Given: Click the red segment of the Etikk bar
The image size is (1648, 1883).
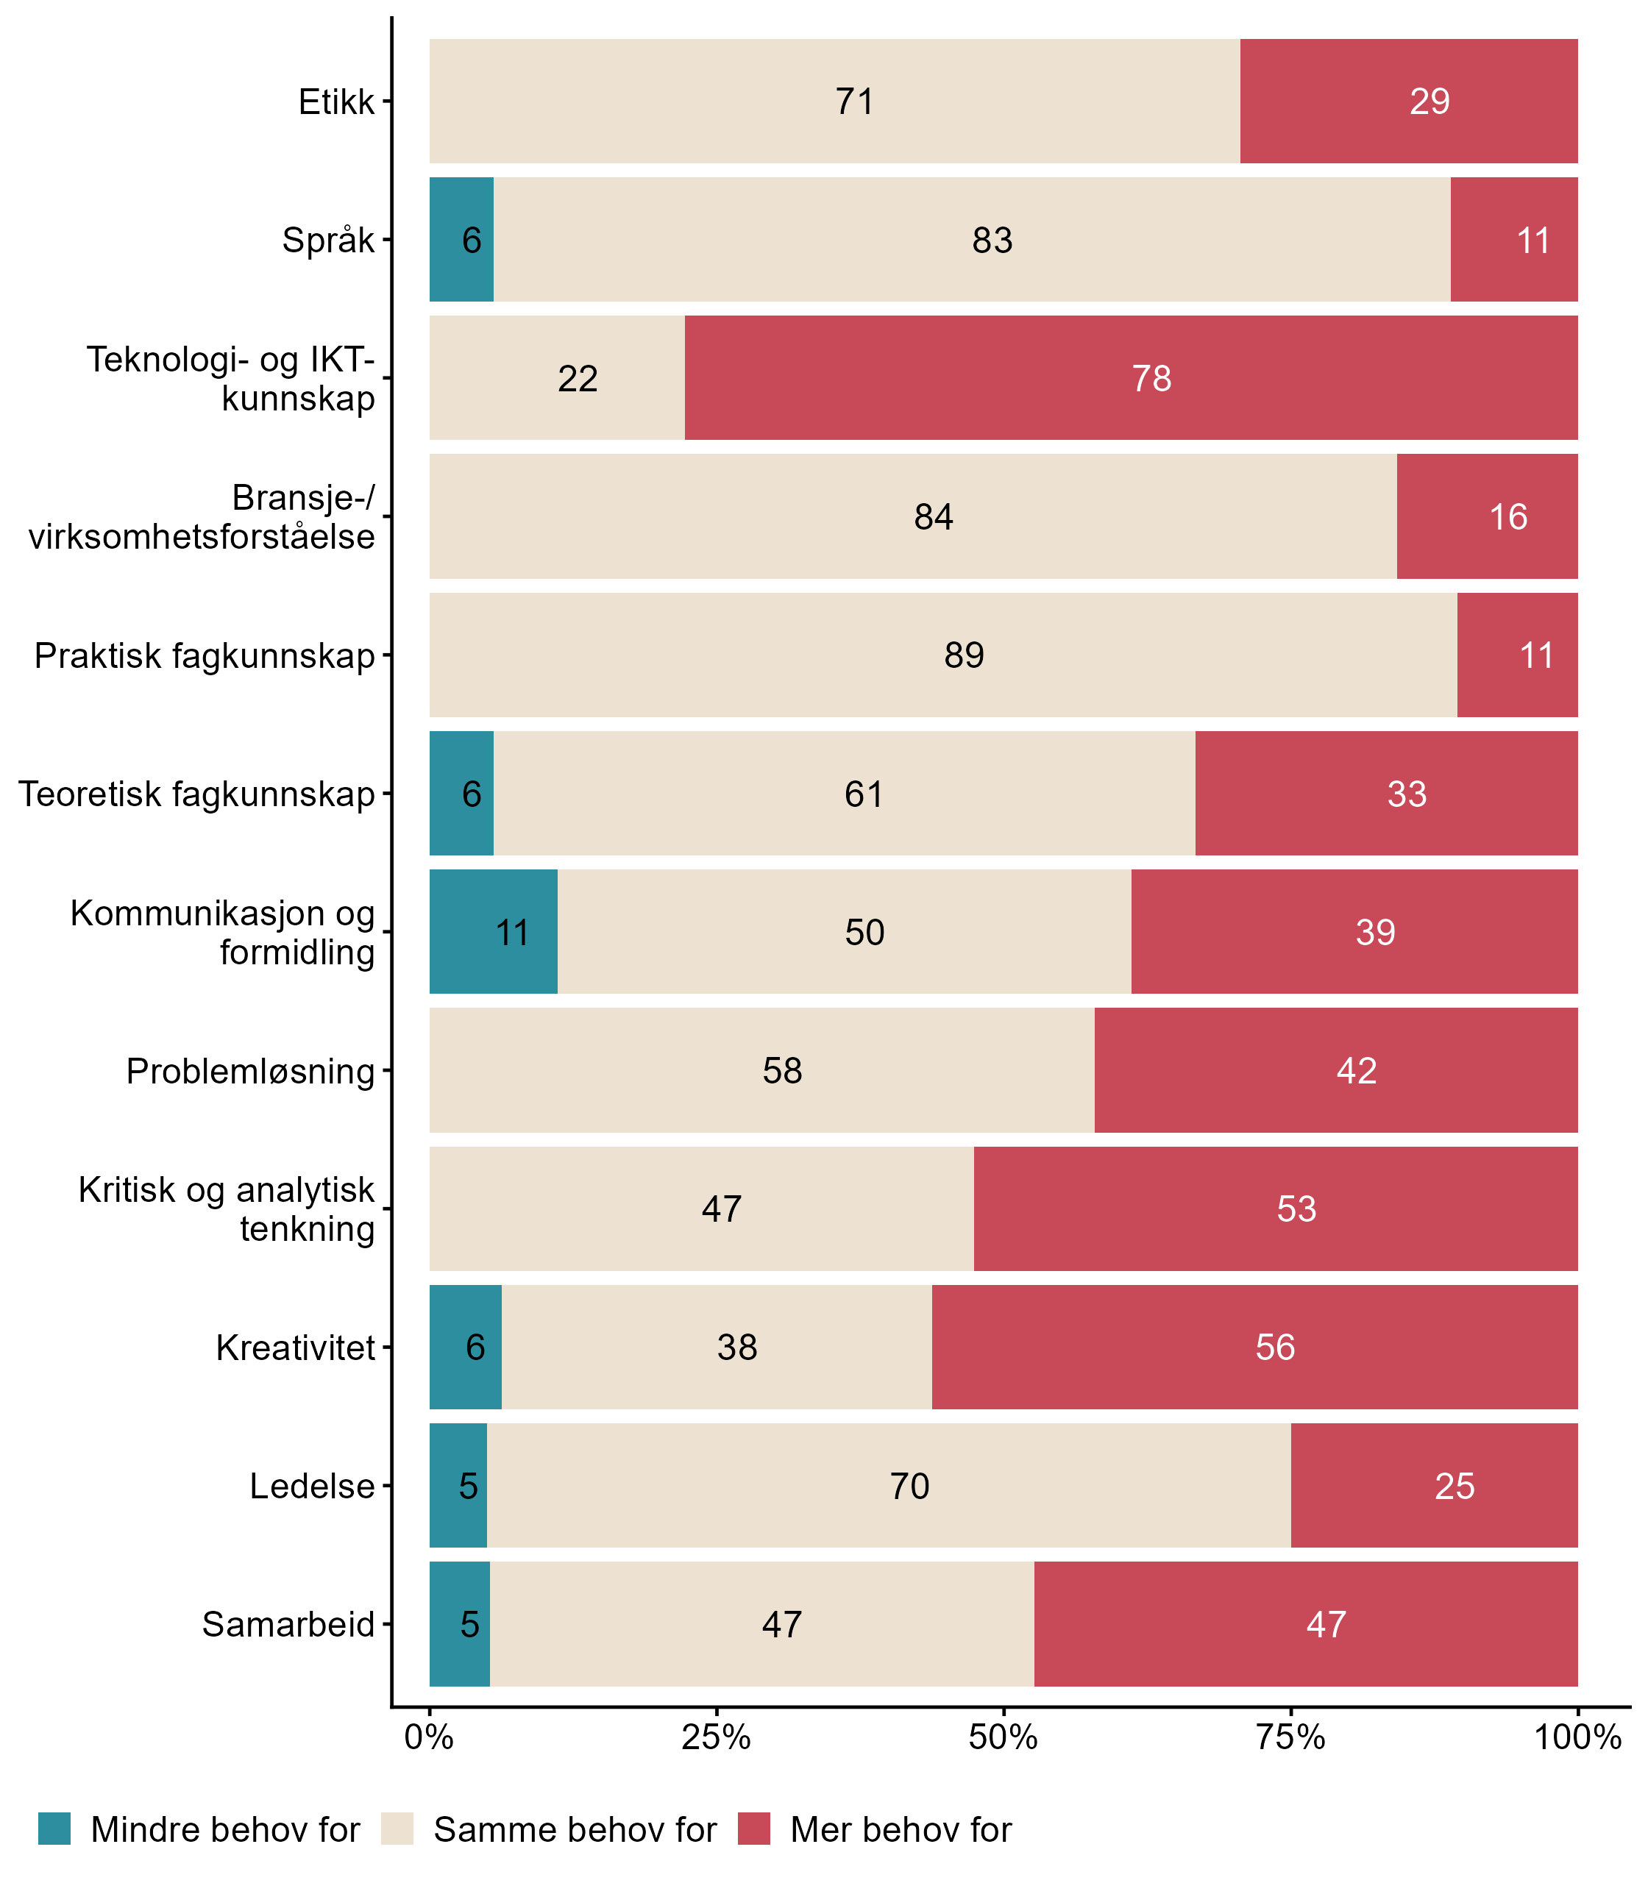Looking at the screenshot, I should tap(1408, 102).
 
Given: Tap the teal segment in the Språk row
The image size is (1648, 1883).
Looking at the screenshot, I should tap(462, 239).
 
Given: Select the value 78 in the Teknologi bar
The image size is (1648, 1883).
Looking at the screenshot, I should tap(1151, 379).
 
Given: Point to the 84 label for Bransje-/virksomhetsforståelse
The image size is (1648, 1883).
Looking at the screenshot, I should tap(934, 516).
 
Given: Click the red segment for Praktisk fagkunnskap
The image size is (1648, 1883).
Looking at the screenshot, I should tap(1517, 655).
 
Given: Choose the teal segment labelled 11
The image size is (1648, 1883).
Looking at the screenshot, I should tap(494, 933).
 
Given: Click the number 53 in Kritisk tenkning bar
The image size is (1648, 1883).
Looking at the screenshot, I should tap(1296, 1209).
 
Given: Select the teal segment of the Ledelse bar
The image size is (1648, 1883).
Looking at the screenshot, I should tap(458, 1487).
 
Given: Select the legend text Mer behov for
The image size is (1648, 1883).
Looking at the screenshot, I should tap(901, 1830).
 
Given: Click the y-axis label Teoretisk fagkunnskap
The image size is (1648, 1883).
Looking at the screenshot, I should tap(197, 794).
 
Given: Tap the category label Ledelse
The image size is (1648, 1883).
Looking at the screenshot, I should tap(312, 1487).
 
